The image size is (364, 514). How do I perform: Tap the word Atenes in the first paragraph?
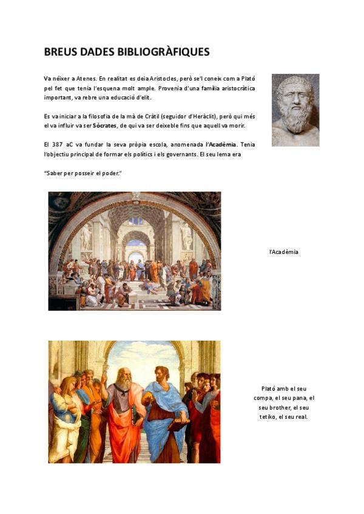pos(84,78)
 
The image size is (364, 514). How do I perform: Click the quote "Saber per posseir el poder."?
pos(83,173)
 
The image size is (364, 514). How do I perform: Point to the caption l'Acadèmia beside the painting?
pos(284,252)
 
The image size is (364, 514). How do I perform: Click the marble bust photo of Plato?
pos(295,110)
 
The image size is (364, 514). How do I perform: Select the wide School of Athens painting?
pos(135,251)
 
